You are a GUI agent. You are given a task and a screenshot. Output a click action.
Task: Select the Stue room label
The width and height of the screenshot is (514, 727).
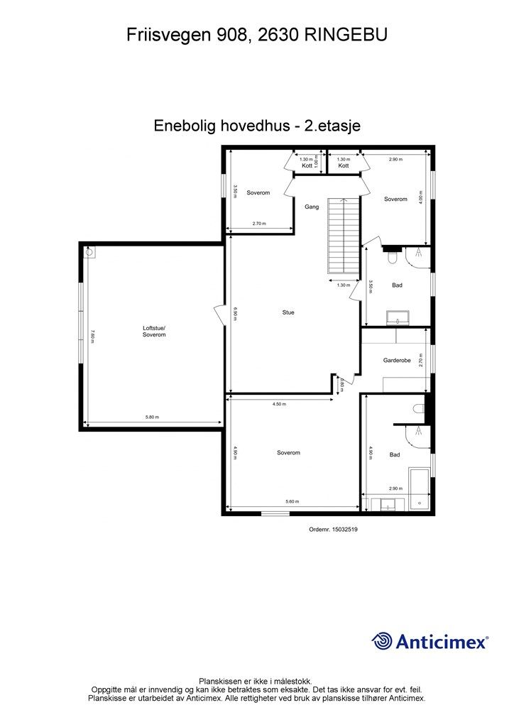click(x=288, y=312)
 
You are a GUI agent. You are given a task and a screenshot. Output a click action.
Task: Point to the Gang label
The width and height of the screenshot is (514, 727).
click(x=311, y=207)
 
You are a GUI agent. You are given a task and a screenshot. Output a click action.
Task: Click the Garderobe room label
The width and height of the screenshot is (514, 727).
click(x=397, y=361)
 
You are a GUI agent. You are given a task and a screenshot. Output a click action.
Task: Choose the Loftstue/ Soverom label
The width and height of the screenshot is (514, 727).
click(x=154, y=332)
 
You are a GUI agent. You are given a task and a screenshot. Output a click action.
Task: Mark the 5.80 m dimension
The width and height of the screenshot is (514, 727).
click(x=151, y=417)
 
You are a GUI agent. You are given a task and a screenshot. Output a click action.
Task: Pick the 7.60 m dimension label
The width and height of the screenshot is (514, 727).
click(x=92, y=336)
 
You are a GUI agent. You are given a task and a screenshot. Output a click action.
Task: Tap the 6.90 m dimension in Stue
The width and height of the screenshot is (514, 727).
click(x=236, y=313)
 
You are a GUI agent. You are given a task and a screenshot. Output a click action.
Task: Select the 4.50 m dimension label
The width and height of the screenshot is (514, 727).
click(x=279, y=404)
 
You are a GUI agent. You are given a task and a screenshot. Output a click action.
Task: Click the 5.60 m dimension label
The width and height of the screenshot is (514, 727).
click(x=291, y=502)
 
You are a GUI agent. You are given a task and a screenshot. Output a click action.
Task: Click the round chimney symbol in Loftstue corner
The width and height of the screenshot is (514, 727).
click(x=90, y=251)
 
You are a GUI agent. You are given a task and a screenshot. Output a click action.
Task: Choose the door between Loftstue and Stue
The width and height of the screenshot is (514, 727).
click(x=219, y=314)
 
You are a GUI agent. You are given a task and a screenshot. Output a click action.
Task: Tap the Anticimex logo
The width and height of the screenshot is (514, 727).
click(x=430, y=642)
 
